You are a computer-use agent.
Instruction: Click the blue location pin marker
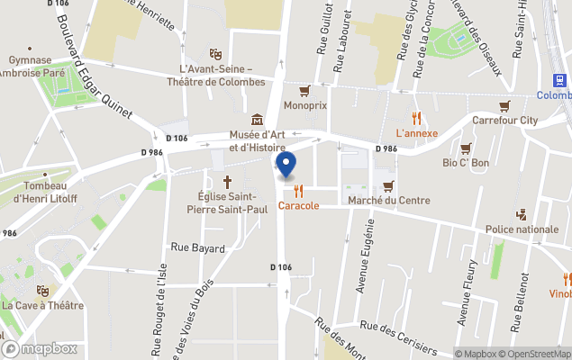click(285, 166)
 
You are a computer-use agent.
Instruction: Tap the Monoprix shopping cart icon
click(304, 90)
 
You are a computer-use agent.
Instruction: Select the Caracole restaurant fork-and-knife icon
click(298, 191)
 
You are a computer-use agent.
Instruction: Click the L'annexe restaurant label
click(416, 133)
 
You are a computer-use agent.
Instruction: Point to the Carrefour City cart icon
click(504, 105)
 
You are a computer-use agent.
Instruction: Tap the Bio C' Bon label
click(466, 163)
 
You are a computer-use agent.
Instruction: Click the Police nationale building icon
click(522, 214)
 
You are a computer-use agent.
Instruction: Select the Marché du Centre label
click(388, 200)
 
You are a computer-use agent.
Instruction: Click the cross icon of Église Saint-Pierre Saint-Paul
click(227, 181)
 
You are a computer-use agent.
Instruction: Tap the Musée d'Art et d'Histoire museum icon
click(258, 119)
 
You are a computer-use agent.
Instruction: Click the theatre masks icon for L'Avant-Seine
click(215, 54)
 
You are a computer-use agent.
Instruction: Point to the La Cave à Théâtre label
click(42, 305)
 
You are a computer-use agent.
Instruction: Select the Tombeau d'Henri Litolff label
click(42, 193)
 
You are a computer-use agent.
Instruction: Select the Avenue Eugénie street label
click(367, 256)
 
